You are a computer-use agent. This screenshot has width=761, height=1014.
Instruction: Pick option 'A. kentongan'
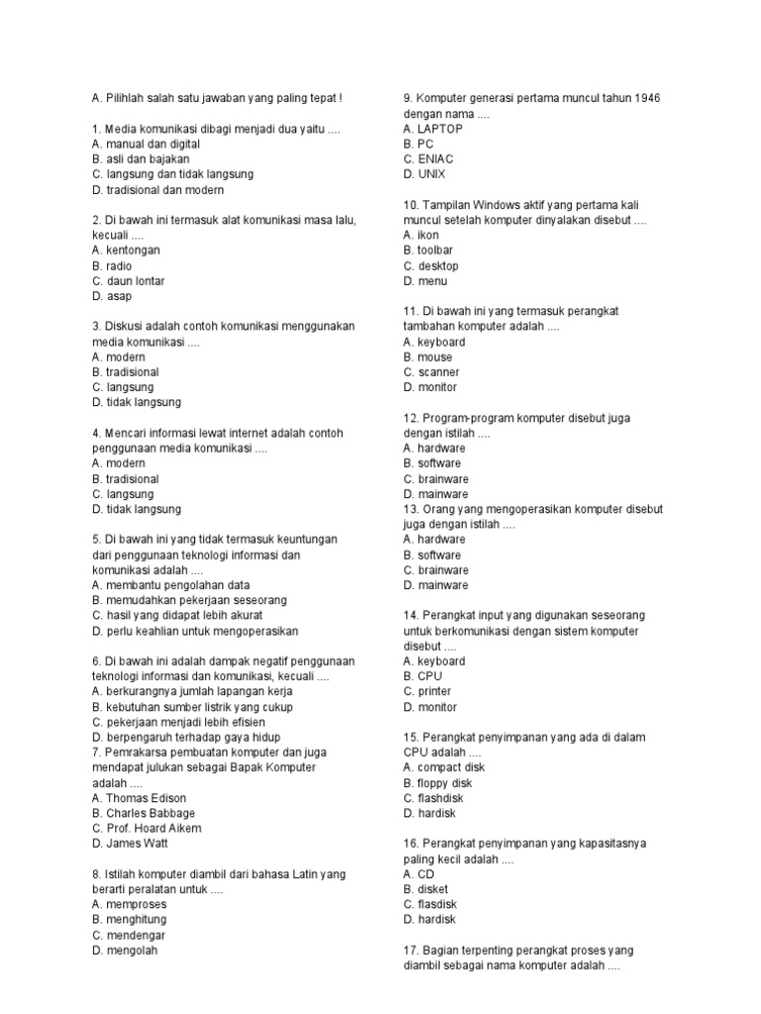[x=125, y=251]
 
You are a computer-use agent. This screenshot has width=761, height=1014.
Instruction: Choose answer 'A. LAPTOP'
[x=433, y=129]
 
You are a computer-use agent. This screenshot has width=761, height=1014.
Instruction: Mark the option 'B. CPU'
[x=420, y=676]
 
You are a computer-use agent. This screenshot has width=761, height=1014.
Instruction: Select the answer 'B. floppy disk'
[x=438, y=783]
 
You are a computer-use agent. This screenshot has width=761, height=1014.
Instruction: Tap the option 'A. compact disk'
[x=444, y=767]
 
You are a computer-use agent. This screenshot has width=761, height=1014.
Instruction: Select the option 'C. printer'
[x=427, y=691]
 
